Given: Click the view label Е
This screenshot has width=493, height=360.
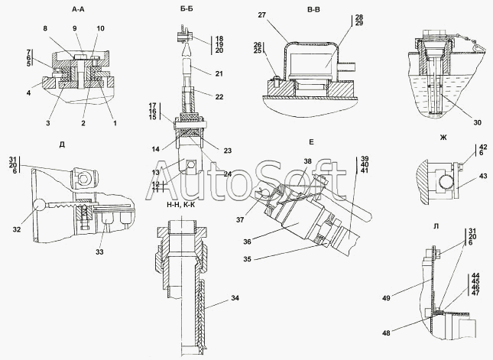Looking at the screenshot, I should [311, 142].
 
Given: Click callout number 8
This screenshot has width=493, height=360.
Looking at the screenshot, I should [45, 28].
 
